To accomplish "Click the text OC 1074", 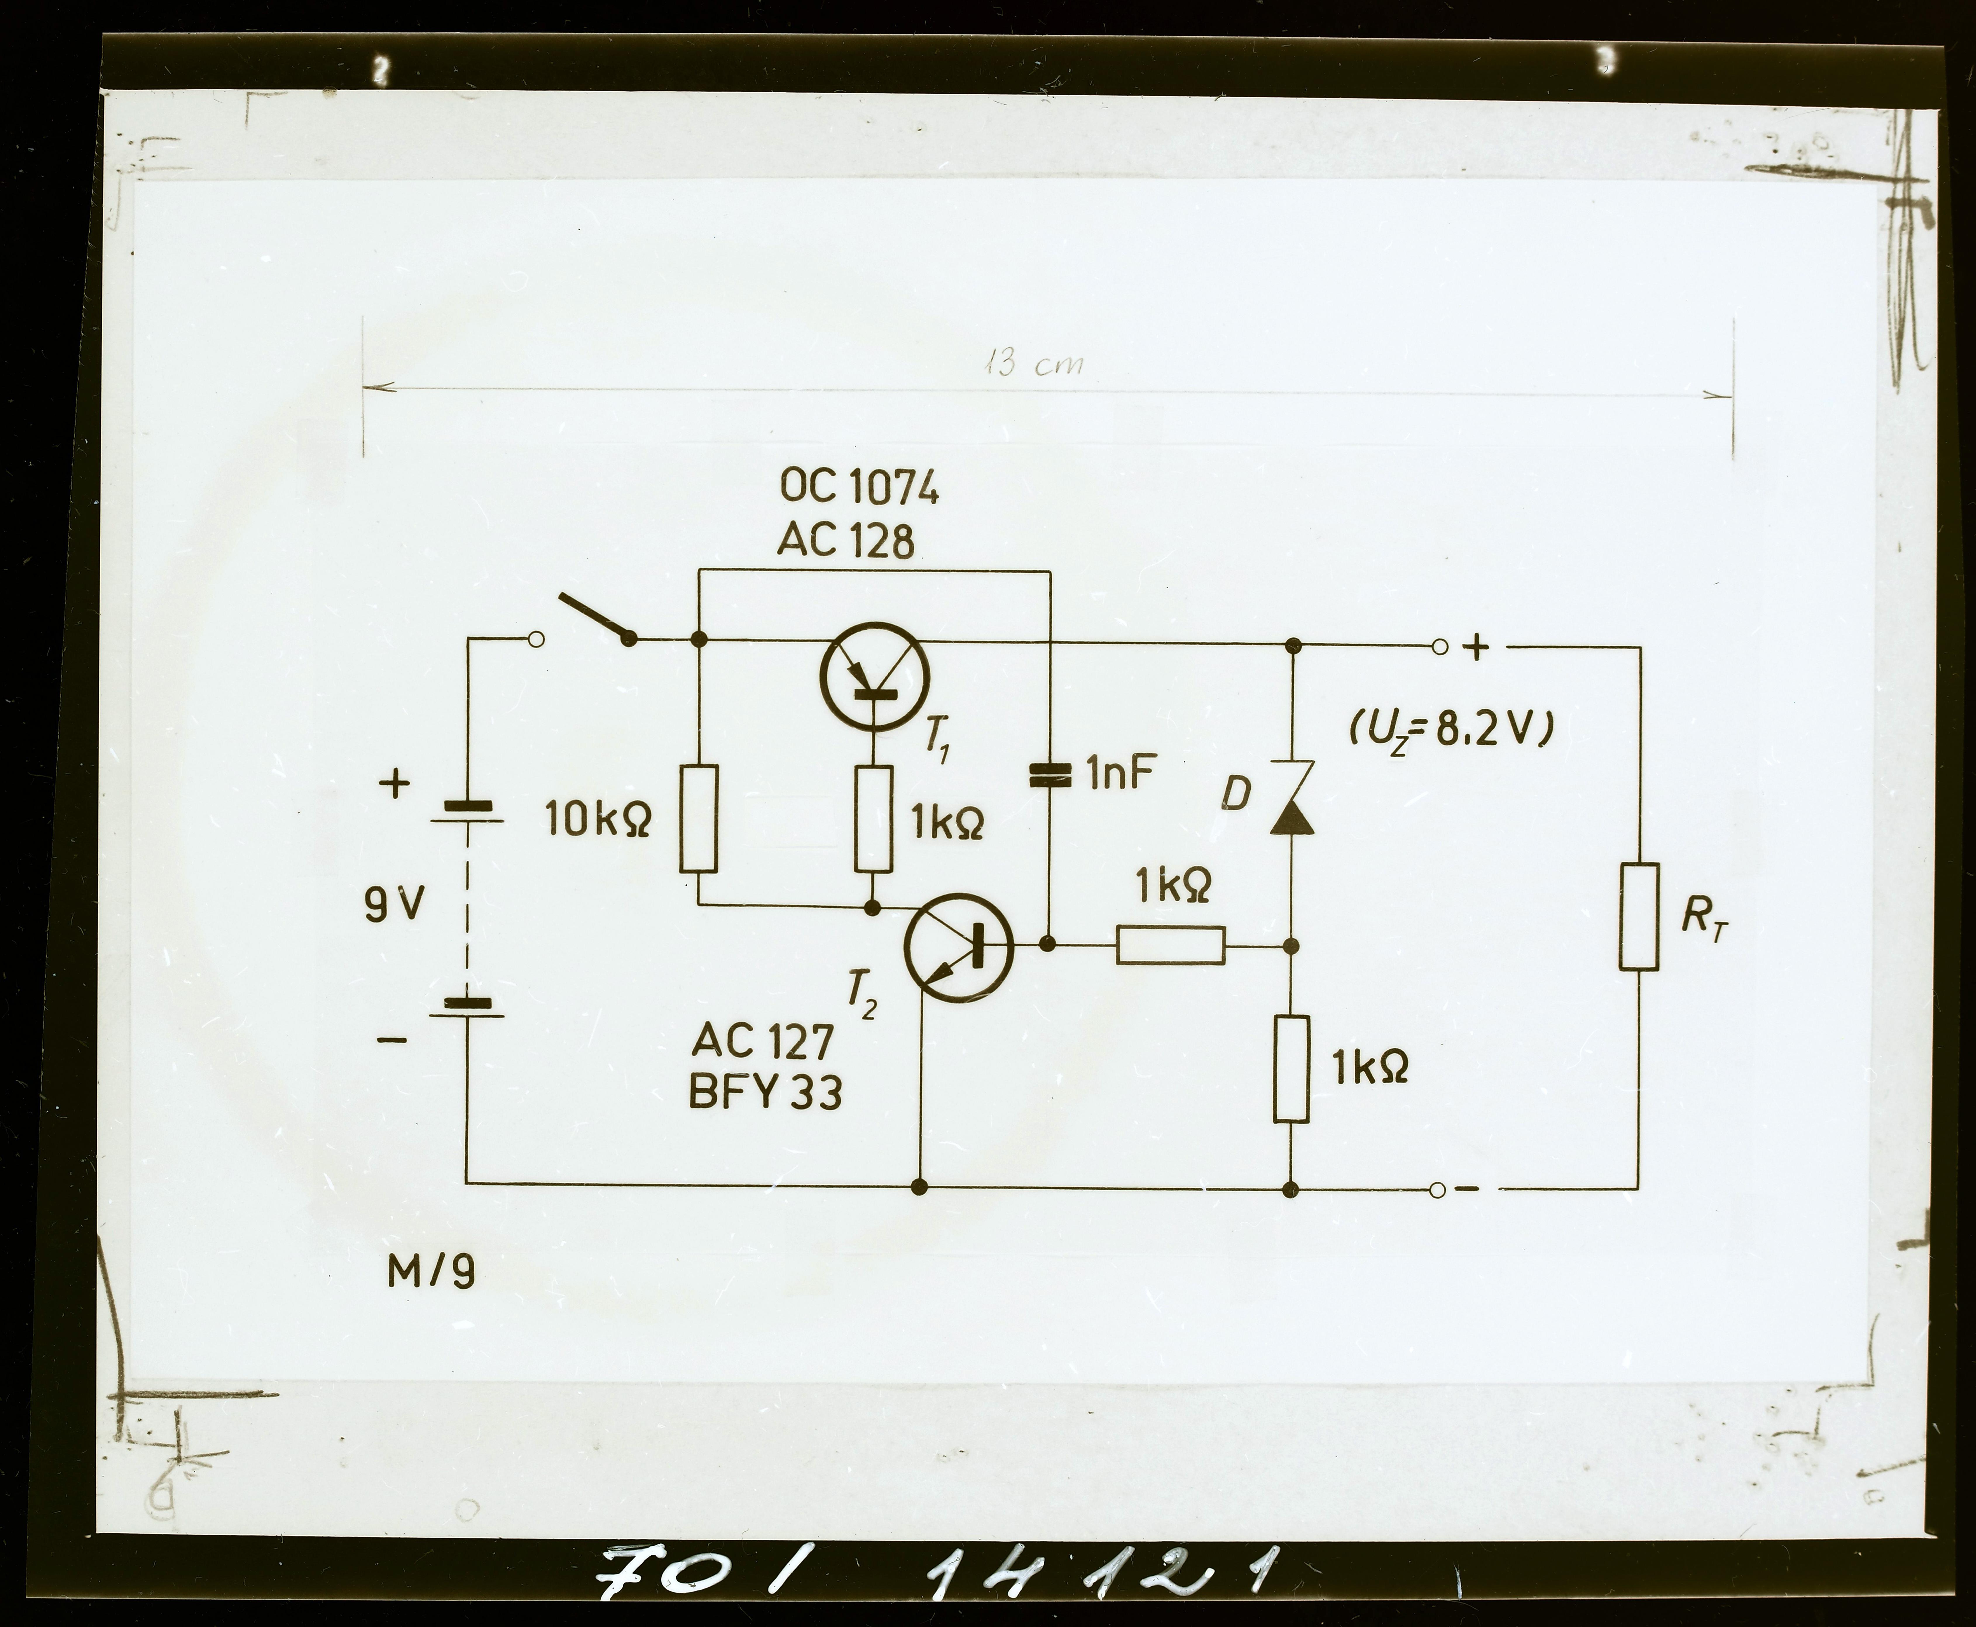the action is tap(859, 488).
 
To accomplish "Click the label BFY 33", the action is tap(766, 1092).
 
